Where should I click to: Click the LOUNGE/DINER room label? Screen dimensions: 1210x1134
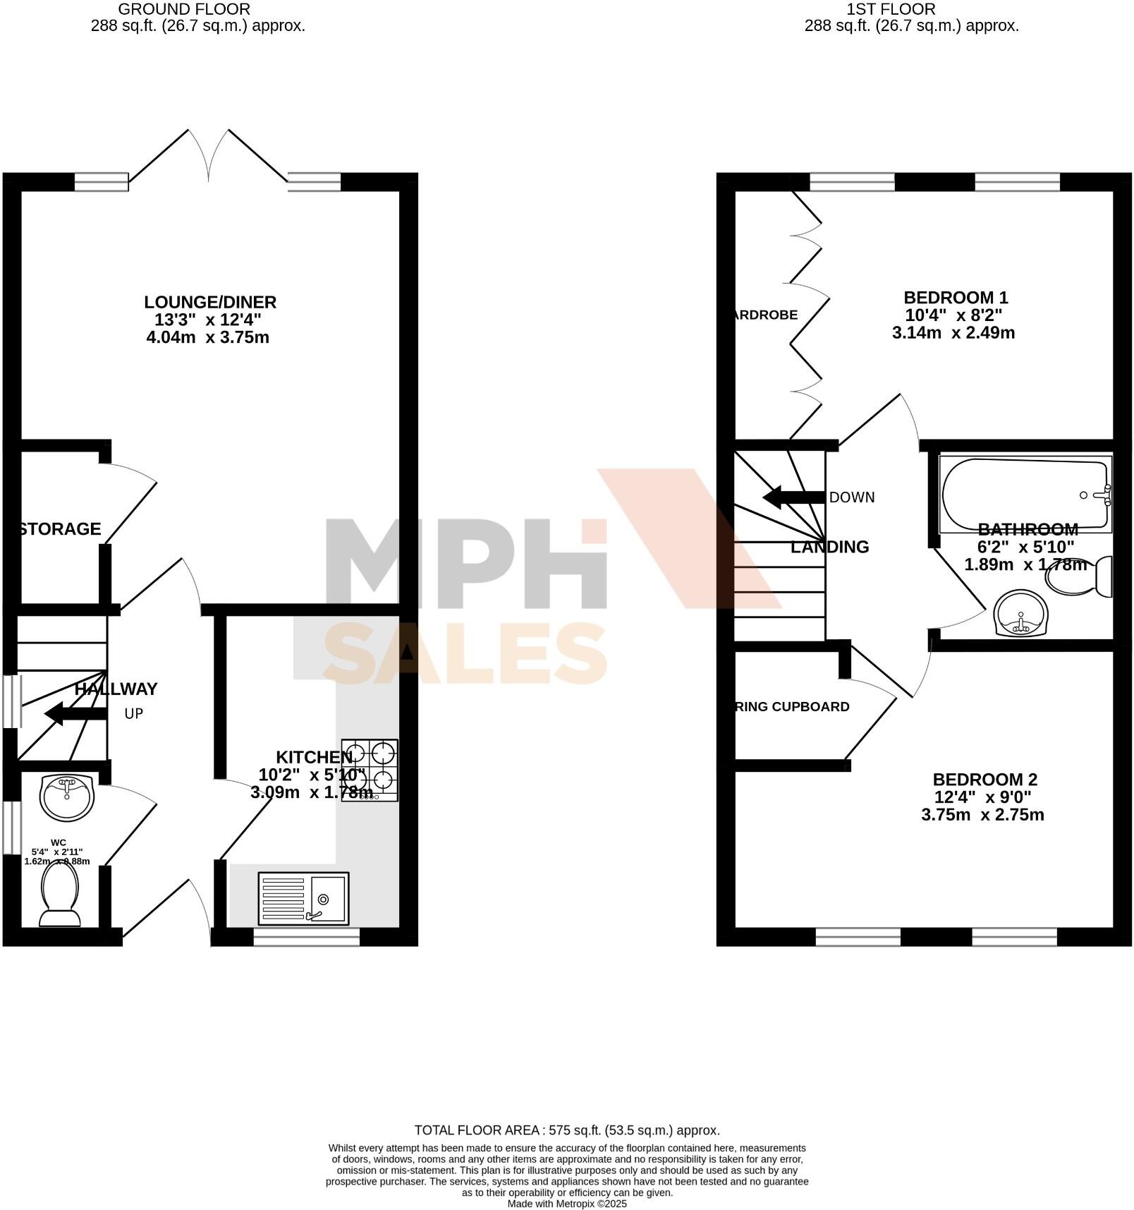tap(210, 302)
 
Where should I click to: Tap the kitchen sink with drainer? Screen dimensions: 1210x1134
tap(303, 898)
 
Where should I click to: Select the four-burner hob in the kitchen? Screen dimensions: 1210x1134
tap(370, 770)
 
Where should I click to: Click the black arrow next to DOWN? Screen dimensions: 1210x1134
tap(793, 497)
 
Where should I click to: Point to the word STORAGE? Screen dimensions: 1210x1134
tap(60, 528)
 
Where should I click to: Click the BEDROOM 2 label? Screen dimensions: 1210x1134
tap(984, 780)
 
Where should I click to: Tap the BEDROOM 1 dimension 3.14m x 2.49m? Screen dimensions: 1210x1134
tap(953, 333)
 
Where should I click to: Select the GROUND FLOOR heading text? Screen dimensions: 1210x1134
tap(184, 9)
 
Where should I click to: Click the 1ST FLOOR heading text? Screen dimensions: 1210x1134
tap(891, 9)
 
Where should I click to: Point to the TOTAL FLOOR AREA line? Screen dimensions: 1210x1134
tap(566, 1130)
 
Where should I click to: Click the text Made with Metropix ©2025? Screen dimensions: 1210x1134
tap(566, 1204)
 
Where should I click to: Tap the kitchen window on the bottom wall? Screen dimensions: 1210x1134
tap(307, 936)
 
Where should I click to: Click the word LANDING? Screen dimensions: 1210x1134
tap(829, 547)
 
